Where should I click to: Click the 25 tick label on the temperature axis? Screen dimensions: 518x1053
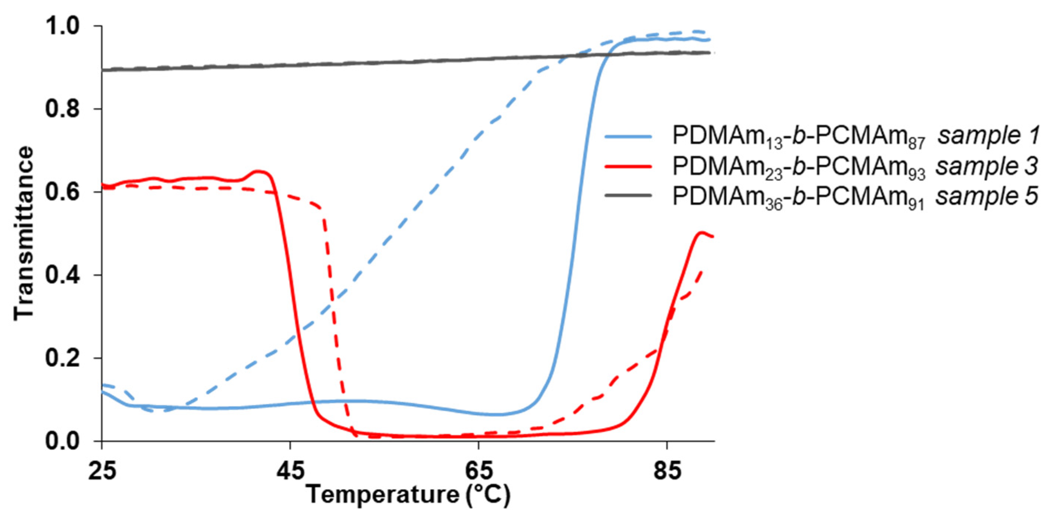[102, 471]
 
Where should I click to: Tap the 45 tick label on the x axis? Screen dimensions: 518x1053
[290, 471]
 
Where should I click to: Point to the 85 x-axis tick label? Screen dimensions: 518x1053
[667, 471]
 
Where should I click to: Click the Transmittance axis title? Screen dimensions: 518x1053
[23, 234]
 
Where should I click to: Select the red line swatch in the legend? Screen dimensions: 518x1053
[628, 167]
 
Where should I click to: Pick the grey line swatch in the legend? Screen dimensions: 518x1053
[628, 196]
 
